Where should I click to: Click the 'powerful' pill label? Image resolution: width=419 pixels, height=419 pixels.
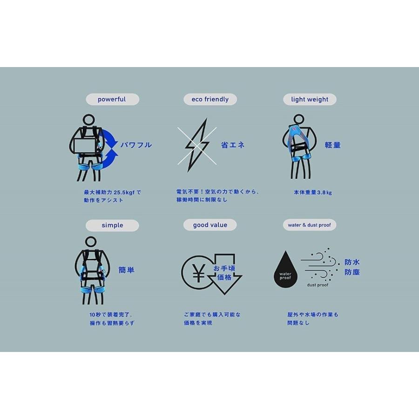(112, 99)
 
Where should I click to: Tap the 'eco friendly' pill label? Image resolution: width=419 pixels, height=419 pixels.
(210, 99)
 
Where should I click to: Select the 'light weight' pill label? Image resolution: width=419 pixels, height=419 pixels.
(310, 99)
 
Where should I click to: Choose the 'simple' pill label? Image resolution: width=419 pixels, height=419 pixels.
(112, 225)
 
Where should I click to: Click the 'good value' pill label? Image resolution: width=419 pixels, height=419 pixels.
(210, 225)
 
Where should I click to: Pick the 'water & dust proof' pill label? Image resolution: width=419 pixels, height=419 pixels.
(310, 225)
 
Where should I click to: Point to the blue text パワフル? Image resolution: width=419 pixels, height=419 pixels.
(136, 145)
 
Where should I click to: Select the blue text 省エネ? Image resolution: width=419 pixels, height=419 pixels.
(233, 145)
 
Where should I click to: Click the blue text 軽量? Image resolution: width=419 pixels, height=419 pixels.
(333, 145)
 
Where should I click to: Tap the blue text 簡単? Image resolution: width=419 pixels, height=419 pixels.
(127, 270)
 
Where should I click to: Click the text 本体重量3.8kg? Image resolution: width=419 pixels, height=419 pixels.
(313, 192)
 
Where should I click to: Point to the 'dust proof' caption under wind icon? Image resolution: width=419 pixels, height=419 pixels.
(318, 285)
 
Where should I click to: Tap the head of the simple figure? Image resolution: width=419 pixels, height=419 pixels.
(91, 243)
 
